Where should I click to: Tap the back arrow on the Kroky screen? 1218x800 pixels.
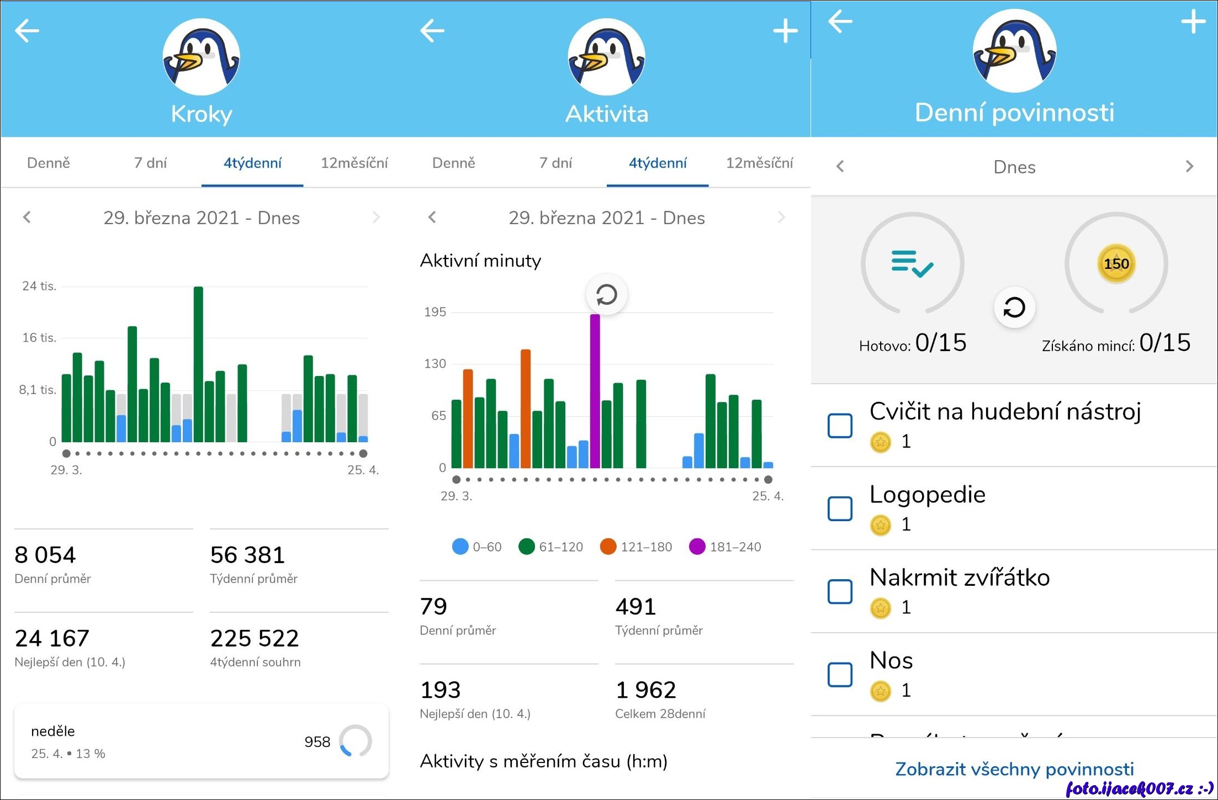pos(27,31)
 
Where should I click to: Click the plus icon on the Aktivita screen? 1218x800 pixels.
pos(785,31)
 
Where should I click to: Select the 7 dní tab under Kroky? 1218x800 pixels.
pos(150,163)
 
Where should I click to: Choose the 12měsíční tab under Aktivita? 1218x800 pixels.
pos(759,163)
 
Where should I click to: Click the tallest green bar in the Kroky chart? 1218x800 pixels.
pos(198,364)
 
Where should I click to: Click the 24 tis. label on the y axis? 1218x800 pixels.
pos(39,286)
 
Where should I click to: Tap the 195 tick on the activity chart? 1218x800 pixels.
pos(435,312)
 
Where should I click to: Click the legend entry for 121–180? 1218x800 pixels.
pos(636,547)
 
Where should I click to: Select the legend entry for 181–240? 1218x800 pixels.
pos(725,547)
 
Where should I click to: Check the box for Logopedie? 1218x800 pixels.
pos(840,508)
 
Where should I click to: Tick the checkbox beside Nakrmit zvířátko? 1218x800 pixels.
pos(840,591)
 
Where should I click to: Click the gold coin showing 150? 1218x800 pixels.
pos(1116,264)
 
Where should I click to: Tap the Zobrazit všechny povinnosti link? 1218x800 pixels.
pos(1014,769)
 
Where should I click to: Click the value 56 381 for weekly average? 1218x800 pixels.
pos(247,555)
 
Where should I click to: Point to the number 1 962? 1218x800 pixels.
pos(645,690)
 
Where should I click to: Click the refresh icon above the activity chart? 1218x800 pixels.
pos(606,295)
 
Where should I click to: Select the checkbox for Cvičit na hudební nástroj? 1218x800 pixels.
pos(840,426)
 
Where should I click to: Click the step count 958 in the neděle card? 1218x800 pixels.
pos(317,741)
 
